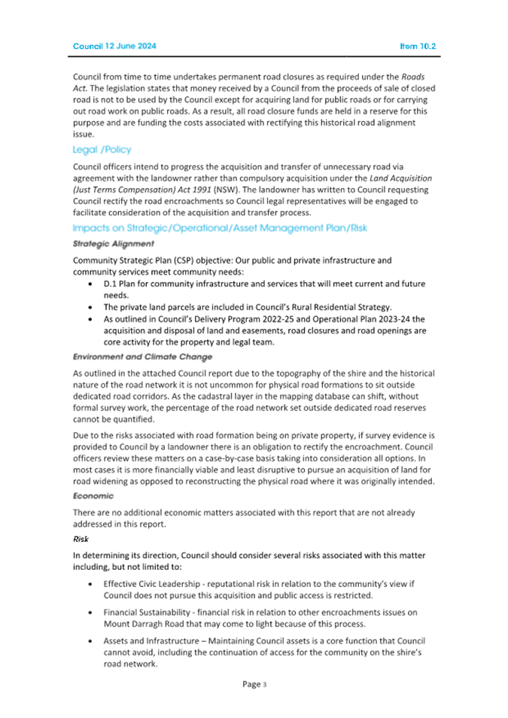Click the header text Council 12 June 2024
(x=114, y=47)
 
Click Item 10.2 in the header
(x=418, y=47)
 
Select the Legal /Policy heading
(x=102, y=150)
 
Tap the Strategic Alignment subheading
(x=114, y=244)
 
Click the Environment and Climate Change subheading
(x=142, y=356)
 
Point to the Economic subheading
(x=93, y=495)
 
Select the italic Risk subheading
(x=81, y=540)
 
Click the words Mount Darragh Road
(x=145, y=625)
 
